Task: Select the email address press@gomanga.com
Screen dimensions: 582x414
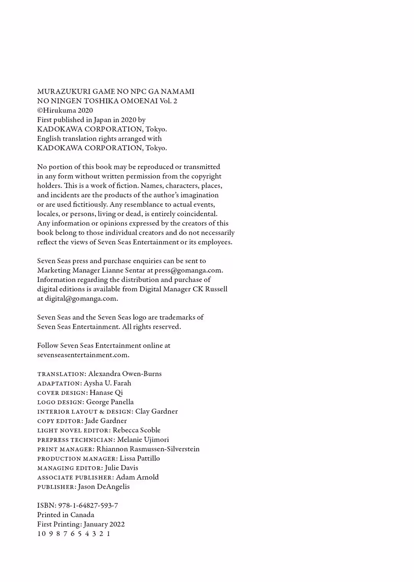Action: click(x=188, y=270)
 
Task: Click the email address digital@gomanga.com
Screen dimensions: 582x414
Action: click(x=81, y=299)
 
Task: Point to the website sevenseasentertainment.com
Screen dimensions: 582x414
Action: click(x=83, y=355)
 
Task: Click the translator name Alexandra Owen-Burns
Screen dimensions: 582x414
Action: click(x=125, y=374)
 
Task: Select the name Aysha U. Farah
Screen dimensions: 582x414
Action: click(x=107, y=383)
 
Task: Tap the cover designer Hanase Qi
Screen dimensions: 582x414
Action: click(x=106, y=393)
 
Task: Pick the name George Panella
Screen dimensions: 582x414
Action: click(x=110, y=402)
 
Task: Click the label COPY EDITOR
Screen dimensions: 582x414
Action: click(x=59, y=421)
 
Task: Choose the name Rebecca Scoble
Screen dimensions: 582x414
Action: click(x=136, y=430)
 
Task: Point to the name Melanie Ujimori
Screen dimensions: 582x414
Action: click(x=143, y=440)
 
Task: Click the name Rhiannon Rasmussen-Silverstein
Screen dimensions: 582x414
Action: click(x=148, y=449)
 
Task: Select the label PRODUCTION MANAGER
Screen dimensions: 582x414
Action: click(x=77, y=459)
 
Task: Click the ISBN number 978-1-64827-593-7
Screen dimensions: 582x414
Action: click(x=88, y=506)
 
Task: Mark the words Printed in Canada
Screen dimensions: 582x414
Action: click(x=66, y=515)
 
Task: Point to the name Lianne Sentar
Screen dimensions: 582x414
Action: click(x=123, y=270)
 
